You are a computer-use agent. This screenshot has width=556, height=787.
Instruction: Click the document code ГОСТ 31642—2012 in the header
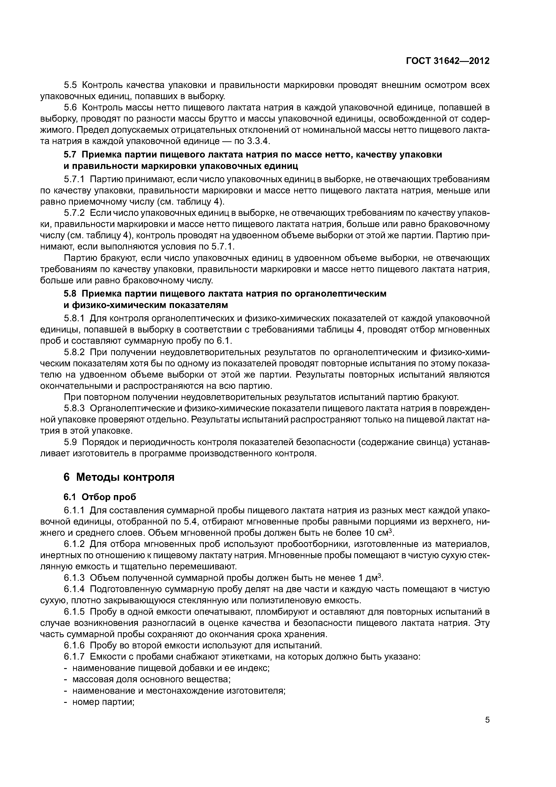(x=447, y=61)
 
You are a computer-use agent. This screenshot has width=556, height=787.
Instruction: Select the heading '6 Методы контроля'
(x=119, y=477)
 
